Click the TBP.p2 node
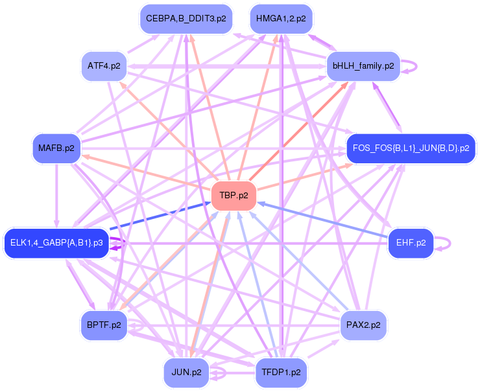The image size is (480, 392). pos(234,195)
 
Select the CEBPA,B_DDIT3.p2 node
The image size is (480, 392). pos(186,19)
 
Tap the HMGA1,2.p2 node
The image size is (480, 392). pos(281,19)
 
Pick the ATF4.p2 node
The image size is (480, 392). pos(104,66)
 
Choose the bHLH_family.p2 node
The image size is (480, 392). pos(363,66)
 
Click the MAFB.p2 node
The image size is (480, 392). pos(56,148)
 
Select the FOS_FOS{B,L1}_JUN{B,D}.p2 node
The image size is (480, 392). pos(411,148)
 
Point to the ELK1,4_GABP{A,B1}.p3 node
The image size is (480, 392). pos(56,243)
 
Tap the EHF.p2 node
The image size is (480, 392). pos(411,243)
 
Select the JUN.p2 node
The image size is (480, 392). pos(186,373)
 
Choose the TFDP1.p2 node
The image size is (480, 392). pos(281,373)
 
